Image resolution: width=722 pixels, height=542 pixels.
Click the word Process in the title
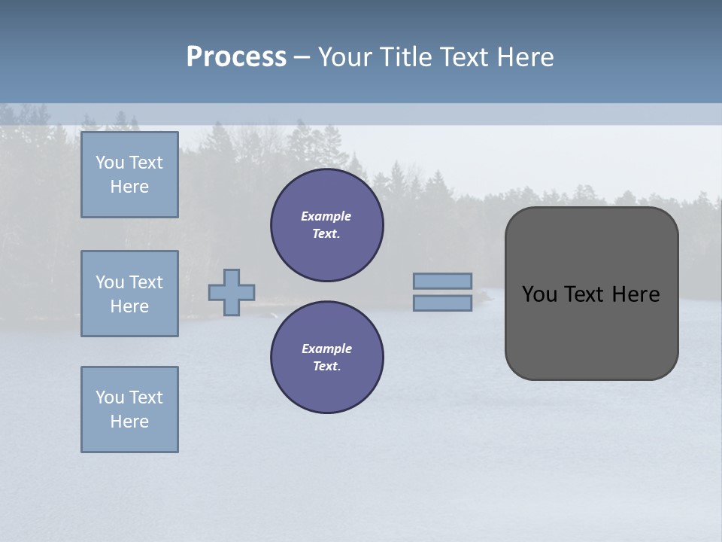pos(236,57)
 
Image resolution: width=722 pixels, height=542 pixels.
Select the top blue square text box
pos(129,175)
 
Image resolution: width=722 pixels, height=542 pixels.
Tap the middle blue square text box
pos(129,294)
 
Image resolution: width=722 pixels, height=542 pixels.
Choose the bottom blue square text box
pos(129,410)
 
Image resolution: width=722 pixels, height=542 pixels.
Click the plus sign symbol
pos(232,292)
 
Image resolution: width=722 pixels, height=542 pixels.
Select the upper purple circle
pos(327,225)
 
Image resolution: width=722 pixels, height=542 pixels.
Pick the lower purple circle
pos(327,358)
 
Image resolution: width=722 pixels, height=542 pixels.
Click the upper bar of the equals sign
pos(442,282)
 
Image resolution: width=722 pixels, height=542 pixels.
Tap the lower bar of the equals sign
pos(442,303)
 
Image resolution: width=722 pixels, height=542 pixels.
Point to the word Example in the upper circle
pos(326,216)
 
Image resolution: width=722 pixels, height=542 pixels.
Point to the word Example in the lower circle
pos(326,349)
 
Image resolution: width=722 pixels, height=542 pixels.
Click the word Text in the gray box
pos(586,294)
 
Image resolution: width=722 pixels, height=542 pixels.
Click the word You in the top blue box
pos(109,163)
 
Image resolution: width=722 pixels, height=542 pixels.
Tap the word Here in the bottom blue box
pos(129,422)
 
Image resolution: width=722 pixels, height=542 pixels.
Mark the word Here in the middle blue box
pos(129,306)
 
